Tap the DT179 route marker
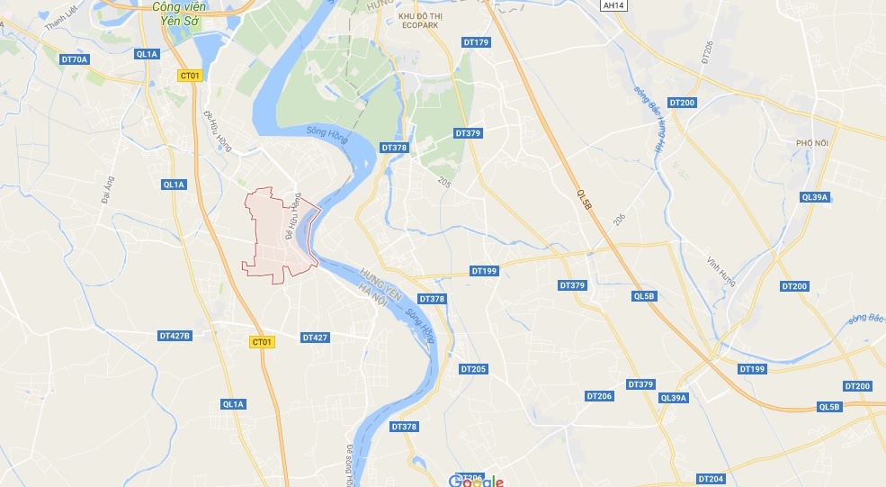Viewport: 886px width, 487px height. [476, 42]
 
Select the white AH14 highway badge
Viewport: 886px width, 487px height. [613, 5]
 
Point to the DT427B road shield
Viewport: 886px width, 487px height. [175, 336]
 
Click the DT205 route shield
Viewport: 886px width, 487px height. [473, 369]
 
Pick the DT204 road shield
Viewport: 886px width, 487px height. [711, 479]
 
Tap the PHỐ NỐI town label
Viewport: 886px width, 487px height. [810, 142]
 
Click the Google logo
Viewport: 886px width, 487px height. [476, 481]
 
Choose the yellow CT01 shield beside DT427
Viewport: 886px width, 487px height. [262, 342]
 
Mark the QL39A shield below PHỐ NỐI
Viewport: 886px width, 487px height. [814, 197]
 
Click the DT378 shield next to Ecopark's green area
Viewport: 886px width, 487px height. [395, 147]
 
